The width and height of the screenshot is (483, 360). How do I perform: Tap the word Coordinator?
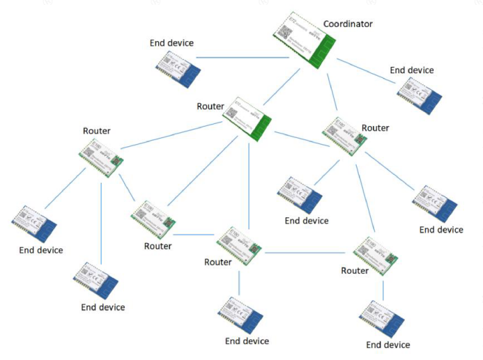click(347, 24)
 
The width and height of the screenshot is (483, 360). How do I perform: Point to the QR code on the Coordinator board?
click(285, 31)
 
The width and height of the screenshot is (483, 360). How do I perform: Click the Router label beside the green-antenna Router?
click(210, 107)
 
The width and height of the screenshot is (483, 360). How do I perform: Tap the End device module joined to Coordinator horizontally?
click(178, 69)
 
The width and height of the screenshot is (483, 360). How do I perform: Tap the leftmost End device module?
click(34, 224)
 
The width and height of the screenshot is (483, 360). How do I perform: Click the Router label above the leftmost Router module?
click(96, 131)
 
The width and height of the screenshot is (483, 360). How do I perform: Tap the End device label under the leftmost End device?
click(41, 250)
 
